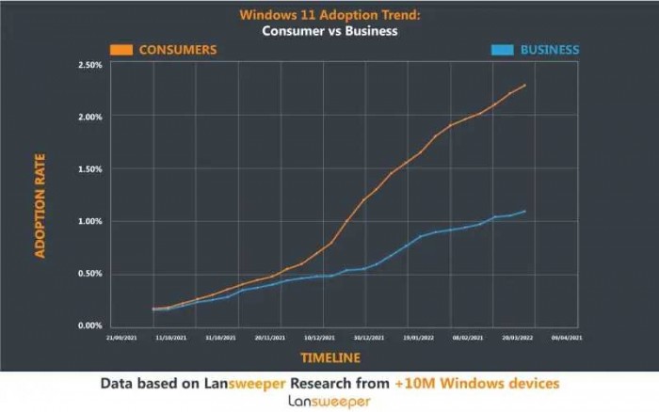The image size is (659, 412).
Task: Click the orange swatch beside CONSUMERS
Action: pos(121,49)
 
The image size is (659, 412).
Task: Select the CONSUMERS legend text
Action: pos(178,49)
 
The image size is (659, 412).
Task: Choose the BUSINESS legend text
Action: pos(550,49)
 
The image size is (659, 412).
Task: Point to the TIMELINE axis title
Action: pos(330,357)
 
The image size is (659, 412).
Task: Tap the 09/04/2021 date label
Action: pos(567,335)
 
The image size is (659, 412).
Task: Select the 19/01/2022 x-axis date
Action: pos(417,335)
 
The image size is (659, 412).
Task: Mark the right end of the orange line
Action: pos(525,85)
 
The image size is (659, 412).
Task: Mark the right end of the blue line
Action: pos(525,211)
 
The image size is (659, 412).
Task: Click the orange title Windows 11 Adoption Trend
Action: pos(329,14)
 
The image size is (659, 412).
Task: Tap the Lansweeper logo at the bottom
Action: pos(329,402)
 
